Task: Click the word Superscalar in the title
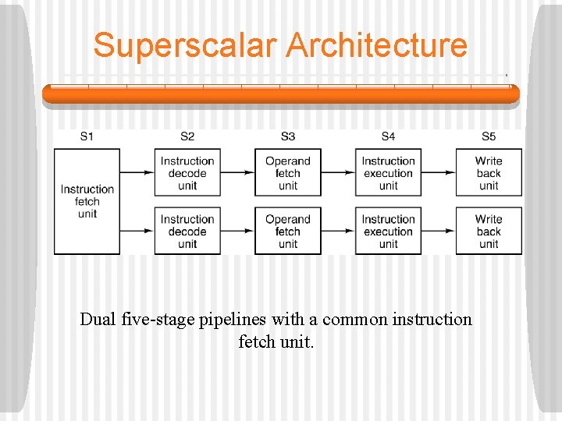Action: pyautogui.click(x=186, y=45)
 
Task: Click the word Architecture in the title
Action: pyautogui.click(x=376, y=45)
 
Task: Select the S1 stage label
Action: pyautogui.click(x=87, y=136)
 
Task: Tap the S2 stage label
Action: pyautogui.click(x=187, y=136)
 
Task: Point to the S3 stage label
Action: pyautogui.click(x=288, y=136)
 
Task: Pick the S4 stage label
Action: pyautogui.click(x=388, y=136)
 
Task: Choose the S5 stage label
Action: pyautogui.click(x=489, y=136)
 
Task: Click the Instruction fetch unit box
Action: pyautogui.click(x=87, y=201)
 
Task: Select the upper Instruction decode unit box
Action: pyautogui.click(x=187, y=173)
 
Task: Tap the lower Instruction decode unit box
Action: pyautogui.click(x=187, y=231)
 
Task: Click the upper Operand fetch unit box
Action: pyautogui.click(x=288, y=173)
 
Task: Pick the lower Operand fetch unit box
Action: pyautogui.click(x=288, y=231)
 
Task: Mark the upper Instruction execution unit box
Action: pyautogui.click(x=388, y=173)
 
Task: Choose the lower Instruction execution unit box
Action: pyautogui.click(x=388, y=231)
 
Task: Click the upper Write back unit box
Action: pyautogui.click(x=489, y=173)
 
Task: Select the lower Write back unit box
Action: pyautogui.click(x=489, y=231)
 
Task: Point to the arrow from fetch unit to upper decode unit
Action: pyautogui.click(x=137, y=173)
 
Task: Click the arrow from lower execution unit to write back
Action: pyautogui.click(x=439, y=231)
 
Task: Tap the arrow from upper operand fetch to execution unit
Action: pyautogui.click(x=338, y=173)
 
